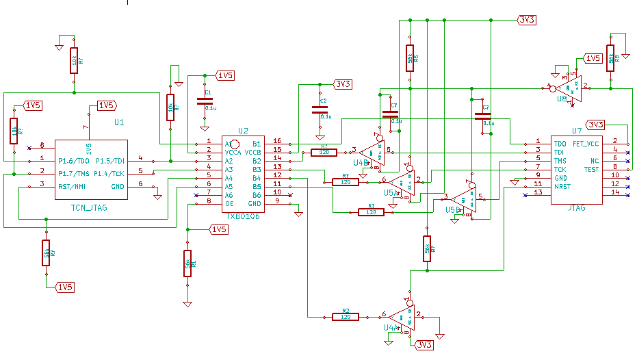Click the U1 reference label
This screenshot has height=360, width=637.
pos(119,123)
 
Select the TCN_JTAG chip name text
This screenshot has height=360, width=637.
pos(89,206)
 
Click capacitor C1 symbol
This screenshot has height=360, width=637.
pos(205,101)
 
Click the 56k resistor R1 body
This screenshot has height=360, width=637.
pos(187,263)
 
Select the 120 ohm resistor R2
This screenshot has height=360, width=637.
pos(346,316)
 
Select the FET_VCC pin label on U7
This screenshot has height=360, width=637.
pos(586,144)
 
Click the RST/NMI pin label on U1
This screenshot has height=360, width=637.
pos(70,185)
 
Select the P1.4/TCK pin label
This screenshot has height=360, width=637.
pos(109,173)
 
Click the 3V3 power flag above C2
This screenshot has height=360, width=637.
pos(343,84)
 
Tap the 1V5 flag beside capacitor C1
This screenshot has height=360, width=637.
pos(225,75)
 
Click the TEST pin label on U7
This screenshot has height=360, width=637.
pos(591,169)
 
